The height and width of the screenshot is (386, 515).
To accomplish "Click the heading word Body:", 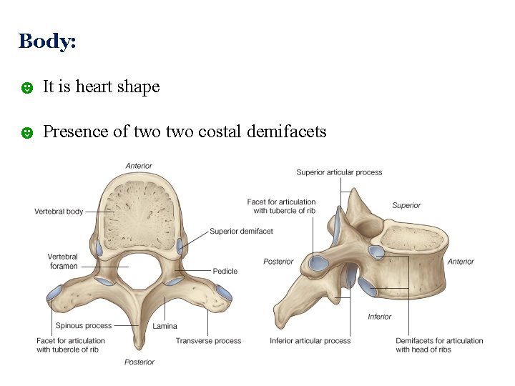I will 47,41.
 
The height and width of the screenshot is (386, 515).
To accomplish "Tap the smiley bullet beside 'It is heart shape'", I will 26,88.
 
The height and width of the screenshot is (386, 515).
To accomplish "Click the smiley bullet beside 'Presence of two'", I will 26,132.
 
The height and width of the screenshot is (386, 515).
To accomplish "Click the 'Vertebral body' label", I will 59,212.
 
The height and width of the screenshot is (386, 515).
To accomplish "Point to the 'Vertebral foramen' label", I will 63,261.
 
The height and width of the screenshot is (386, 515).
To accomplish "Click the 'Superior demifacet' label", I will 241,231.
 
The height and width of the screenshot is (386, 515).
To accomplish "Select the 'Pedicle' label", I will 225,271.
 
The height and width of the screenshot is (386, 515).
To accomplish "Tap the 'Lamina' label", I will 165,327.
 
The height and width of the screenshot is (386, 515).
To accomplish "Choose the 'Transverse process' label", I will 208,341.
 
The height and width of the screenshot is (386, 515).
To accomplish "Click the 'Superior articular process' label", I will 339,172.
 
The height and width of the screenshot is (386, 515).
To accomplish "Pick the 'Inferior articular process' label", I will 310,341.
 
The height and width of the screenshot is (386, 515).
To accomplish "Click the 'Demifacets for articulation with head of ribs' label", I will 438,345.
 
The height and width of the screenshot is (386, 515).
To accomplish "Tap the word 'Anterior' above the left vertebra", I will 139,166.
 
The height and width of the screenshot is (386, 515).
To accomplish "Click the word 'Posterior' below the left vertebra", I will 139,362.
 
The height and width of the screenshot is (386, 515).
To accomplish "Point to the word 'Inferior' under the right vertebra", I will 379,317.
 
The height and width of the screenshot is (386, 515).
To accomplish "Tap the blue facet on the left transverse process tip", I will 54,293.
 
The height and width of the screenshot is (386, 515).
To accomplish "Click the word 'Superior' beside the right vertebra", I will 406,206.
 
